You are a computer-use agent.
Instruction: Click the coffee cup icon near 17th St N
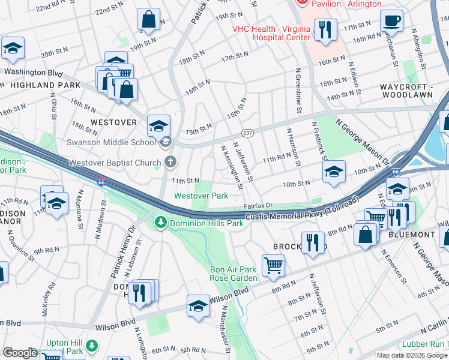[x=391, y=21]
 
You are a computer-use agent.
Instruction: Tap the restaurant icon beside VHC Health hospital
[x=325, y=30]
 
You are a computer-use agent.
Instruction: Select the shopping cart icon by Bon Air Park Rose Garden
[x=273, y=264]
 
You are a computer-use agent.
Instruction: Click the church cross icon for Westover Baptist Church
[x=171, y=162]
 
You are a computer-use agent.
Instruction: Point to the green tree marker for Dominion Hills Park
[x=160, y=223]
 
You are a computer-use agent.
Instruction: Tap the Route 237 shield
[x=247, y=133]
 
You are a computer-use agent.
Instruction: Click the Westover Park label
[x=201, y=196]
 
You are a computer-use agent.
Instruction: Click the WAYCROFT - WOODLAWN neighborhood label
[x=414, y=91]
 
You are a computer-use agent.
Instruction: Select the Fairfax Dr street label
[x=258, y=205]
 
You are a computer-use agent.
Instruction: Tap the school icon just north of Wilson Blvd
[x=198, y=305]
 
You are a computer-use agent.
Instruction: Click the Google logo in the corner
[x=20, y=353]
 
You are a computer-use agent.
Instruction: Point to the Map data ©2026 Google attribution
[x=412, y=355]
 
